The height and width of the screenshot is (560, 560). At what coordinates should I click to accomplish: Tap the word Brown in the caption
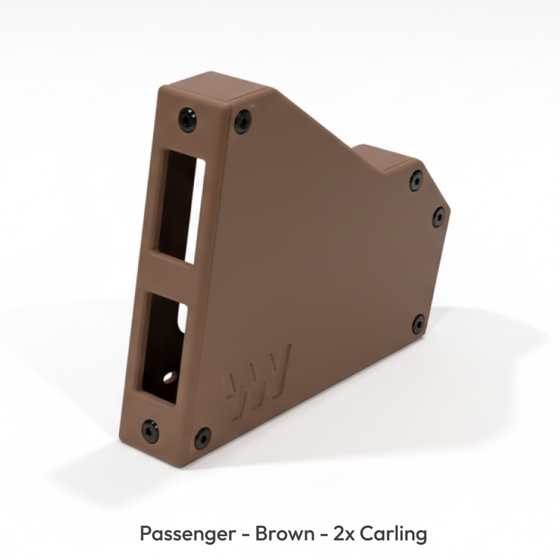tap(285, 534)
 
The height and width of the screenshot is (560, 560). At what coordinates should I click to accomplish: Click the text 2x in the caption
tap(342, 534)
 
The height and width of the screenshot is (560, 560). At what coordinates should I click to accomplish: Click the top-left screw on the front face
tap(187, 119)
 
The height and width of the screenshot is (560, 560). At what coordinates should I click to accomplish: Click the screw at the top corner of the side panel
tap(242, 121)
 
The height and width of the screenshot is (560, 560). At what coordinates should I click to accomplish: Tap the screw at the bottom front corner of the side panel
tap(202, 438)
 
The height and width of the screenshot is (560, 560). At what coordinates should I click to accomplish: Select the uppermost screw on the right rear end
tap(416, 180)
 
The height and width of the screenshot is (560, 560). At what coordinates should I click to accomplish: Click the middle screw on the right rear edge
tap(438, 216)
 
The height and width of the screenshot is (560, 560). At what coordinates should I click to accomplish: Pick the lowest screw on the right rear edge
tap(418, 323)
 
